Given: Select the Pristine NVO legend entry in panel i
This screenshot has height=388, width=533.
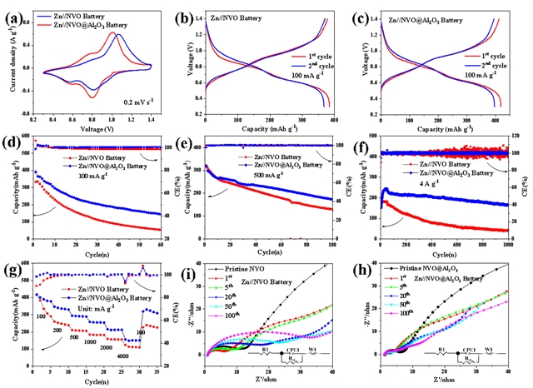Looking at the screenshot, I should point(243,271).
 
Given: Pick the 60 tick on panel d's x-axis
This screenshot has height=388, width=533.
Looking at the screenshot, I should point(160,246).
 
